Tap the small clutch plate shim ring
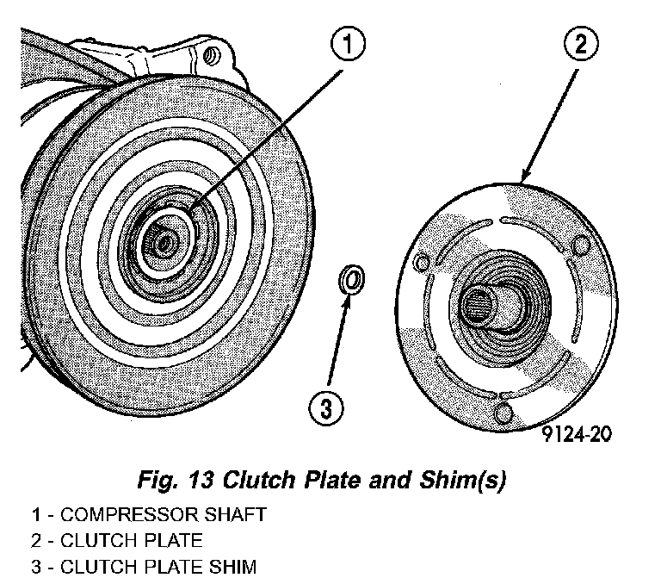point(351,279)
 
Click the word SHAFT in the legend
point(232,515)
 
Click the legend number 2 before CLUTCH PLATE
point(37,541)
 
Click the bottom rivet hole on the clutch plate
point(503,414)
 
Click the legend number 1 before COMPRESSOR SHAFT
point(37,515)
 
